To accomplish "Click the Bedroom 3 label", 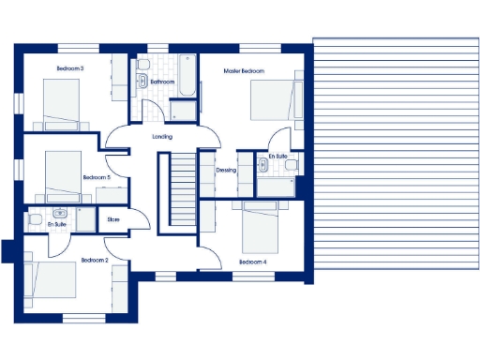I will click(x=70, y=68).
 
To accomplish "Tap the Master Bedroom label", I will click(x=244, y=71).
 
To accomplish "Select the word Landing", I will click(x=162, y=137).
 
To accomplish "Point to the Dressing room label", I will click(x=226, y=171).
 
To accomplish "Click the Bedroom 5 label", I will click(x=96, y=177).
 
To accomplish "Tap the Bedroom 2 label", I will click(x=95, y=260).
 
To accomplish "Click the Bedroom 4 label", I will click(x=253, y=262).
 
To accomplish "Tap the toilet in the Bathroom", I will click(x=142, y=65).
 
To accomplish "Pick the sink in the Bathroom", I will click(x=142, y=82).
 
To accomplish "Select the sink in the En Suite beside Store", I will click(x=60, y=214).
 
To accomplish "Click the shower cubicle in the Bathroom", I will click(x=184, y=107).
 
